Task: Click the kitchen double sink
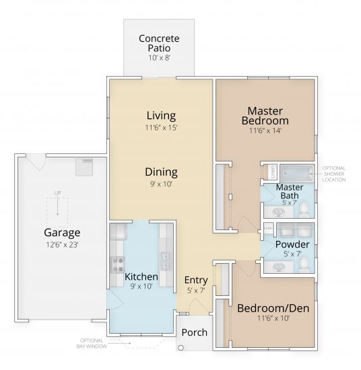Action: tap(165, 258)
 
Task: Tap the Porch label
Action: tap(195, 332)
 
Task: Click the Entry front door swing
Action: tap(196, 306)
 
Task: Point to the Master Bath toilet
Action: tap(305, 211)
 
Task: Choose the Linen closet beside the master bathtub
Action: tap(265, 171)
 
